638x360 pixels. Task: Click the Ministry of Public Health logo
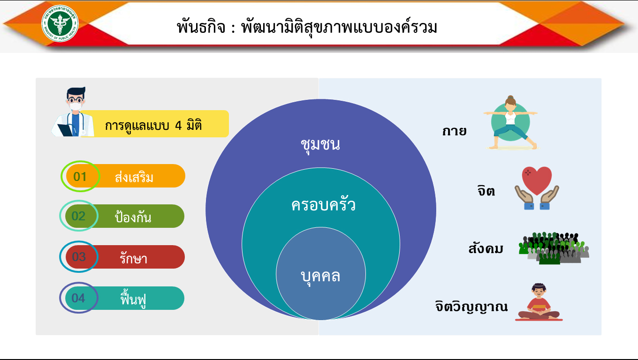pyautogui.click(x=60, y=23)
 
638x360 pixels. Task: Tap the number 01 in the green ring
pyautogui.click(x=80, y=177)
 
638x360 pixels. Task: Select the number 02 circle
pyautogui.click(x=79, y=216)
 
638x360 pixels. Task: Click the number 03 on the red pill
pyautogui.click(x=79, y=257)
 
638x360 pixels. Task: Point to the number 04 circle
pyautogui.click(x=79, y=298)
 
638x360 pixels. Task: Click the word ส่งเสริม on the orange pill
pyautogui.click(x=134, y=177)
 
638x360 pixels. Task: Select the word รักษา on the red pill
pyautogui.click(x=133, y=257)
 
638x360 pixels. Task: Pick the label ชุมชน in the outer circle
pyautogui.click(x=320, y=145)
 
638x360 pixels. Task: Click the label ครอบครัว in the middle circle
pyautogui.click(x=323, y=204)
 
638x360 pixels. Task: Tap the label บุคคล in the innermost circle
pyautogui.click(x=320, y=277)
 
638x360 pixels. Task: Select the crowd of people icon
pyautogui.click(x=554, y=248)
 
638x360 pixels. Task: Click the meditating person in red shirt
pyautogui.click(x=539, y=302)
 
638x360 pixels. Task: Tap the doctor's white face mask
pyautogui.click(x=76, y=106)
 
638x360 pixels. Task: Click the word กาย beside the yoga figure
pyautogui.click(x=454, y=131)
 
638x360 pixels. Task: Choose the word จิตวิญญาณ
pyautogui.click(x=471, y=307)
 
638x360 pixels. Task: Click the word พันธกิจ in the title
pyautogui.click(x=201, y=27)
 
